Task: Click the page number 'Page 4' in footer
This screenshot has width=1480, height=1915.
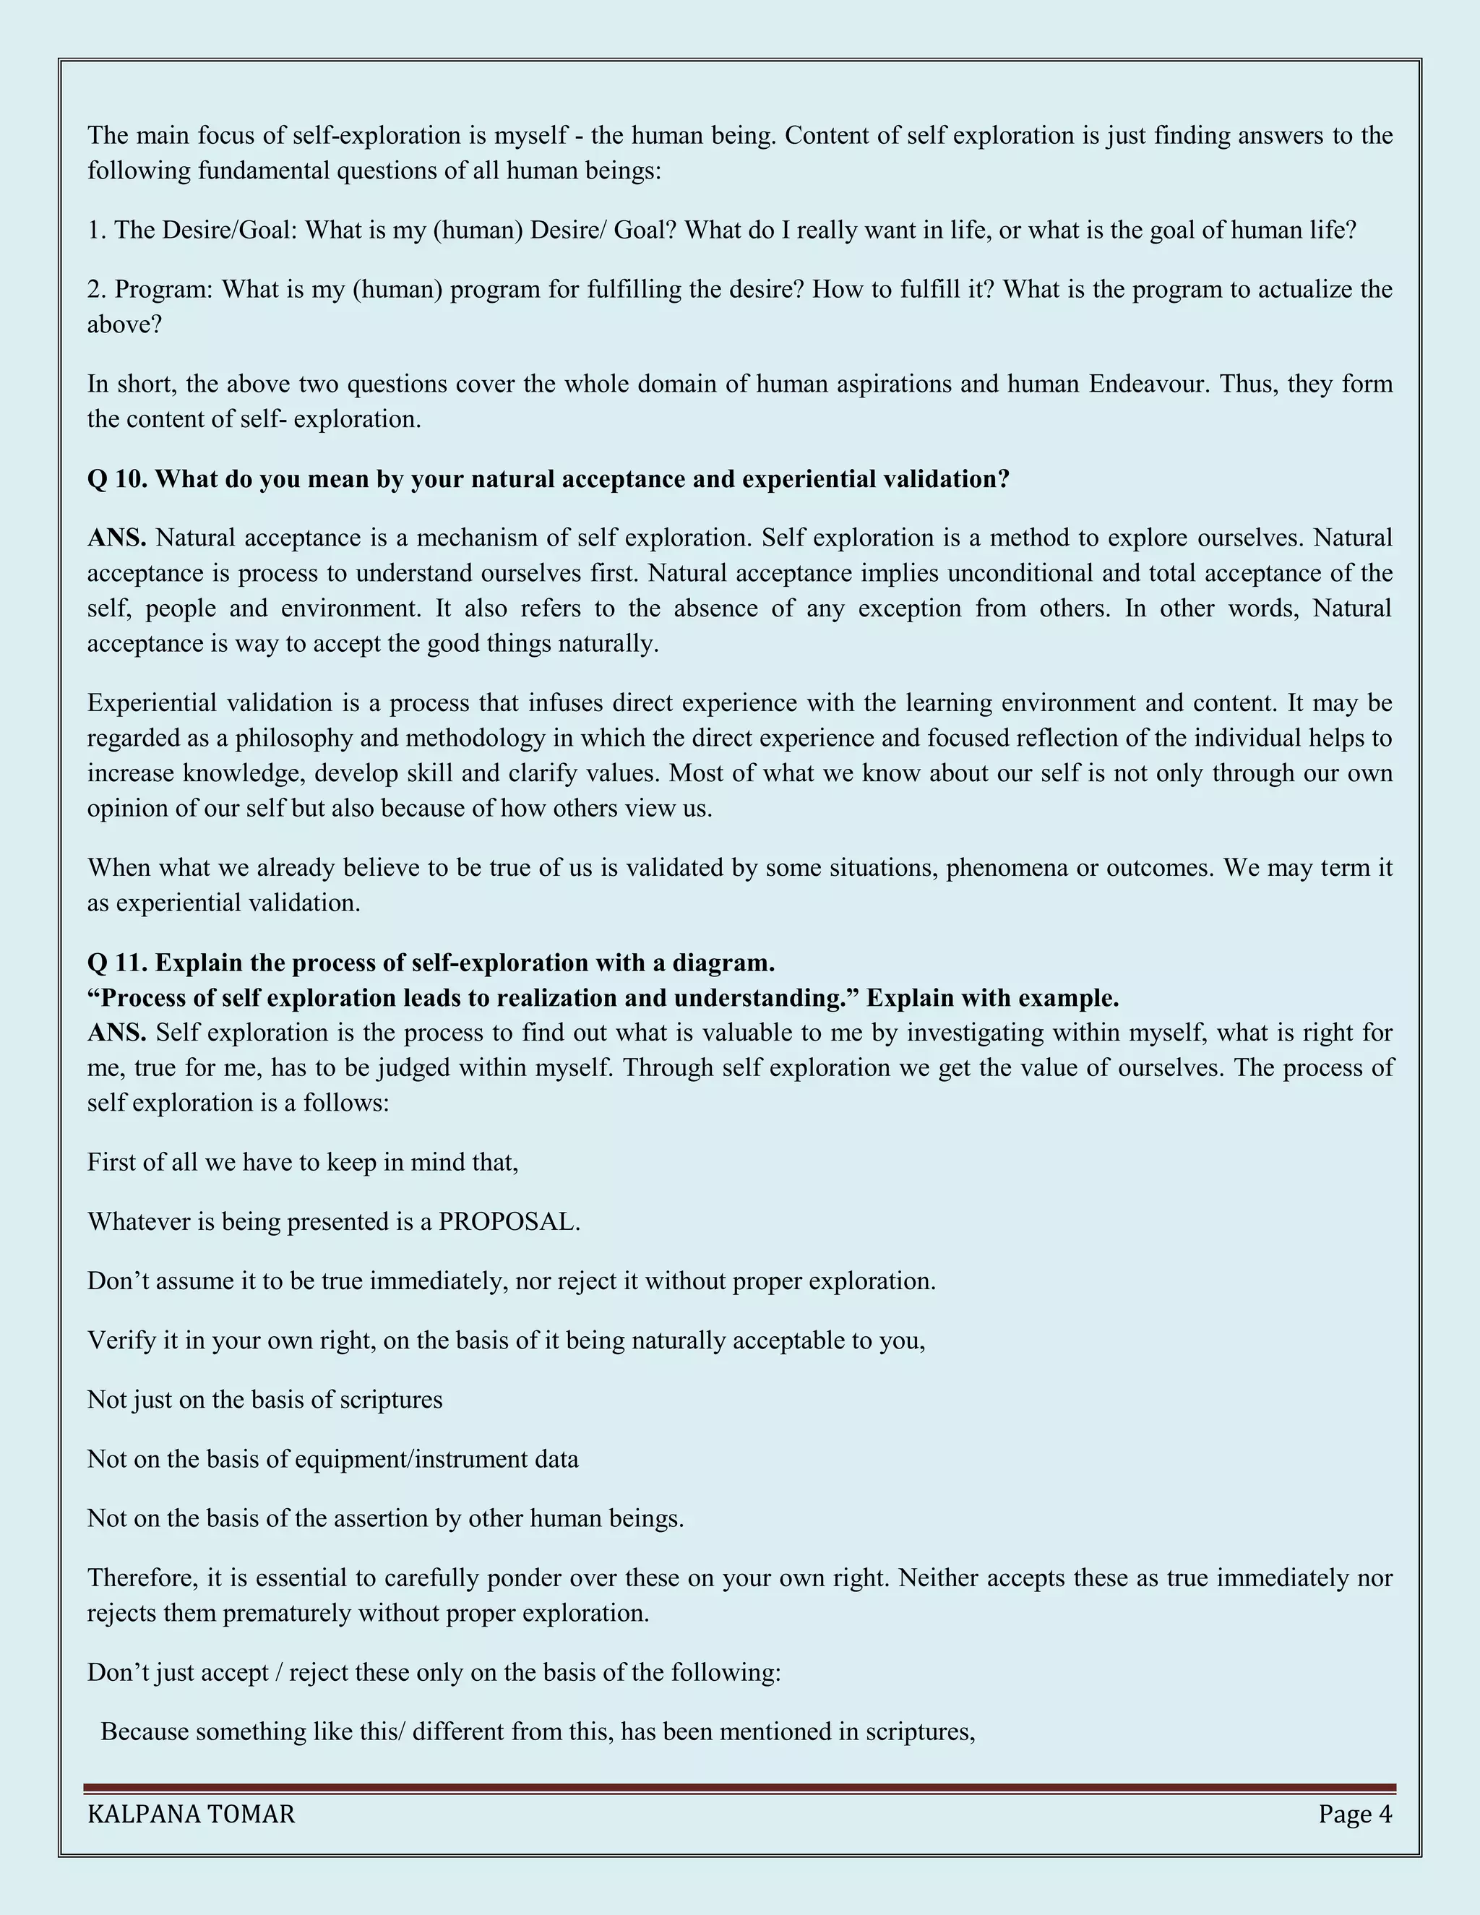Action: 1355,1813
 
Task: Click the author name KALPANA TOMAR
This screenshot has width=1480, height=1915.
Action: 191,1813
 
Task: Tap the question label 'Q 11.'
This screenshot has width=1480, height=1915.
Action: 118,963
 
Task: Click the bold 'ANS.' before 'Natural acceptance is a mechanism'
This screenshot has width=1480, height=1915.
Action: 116,538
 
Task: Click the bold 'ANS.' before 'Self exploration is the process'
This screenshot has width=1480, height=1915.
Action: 116,1032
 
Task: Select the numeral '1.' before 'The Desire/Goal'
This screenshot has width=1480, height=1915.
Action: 96,230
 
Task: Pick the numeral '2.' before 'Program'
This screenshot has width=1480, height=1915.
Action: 96,289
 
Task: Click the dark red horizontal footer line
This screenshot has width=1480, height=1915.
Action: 739,1788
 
